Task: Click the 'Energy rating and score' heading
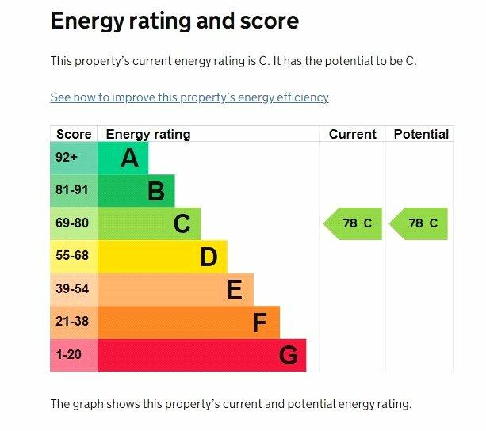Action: click(174, 21)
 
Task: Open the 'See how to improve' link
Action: click(189, 97)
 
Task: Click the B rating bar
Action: click(136, 191)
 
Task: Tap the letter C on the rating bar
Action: click(182, 224)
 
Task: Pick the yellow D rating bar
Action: click(163, 257)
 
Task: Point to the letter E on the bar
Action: click(234, 290)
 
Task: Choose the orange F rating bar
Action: click(189, 322)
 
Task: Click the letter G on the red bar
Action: click(289, 356)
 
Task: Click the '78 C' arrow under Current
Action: click(354, 223)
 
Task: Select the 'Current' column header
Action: click(352, 134)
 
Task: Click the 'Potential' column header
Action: click(420, 134)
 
